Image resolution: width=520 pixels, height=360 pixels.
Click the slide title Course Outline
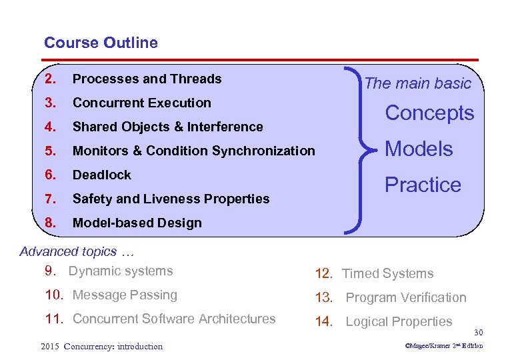pyautogui.click(x=101, y=43)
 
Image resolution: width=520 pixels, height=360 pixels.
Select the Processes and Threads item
pyautogui.click(x=147, y=79)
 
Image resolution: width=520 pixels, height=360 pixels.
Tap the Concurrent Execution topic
pyautogui.click(x=141, y=103)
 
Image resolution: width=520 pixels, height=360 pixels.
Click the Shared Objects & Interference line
pyautogui.click(x=167, y=127)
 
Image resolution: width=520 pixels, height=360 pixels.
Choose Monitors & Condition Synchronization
pyautogui.click(x=193, y=151)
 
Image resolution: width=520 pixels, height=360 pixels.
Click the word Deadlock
pyautogui.click(x=101, y=175)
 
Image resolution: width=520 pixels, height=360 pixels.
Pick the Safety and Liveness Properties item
pyautogui.click(x=171, y=199)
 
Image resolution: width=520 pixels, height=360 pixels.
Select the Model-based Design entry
pyautogui.click(x=137, y=223)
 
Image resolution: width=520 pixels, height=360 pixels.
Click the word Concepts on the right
pyautogui.click(x=430, y=113)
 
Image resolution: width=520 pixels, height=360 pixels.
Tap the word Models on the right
pyautogui.click(x=419, y=149)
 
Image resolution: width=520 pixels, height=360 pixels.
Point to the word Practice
pyautogui.click(x=423, y=185)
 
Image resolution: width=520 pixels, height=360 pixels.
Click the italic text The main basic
pyautogui.click(x=417, y=83)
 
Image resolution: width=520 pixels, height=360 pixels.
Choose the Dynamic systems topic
pyautogui.click(x=120, y=271)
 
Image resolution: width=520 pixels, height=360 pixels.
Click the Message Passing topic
pyautogui.click(x=125, y=295)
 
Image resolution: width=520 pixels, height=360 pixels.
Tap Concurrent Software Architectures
pyautogui.click(x=173, y=319)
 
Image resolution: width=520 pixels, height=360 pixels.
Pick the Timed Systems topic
pyautogui.click(x=387, y=273)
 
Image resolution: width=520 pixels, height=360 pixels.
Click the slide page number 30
pyautogui.click(x=477, y=332)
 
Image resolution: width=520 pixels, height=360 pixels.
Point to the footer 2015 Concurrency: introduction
pyautogui.click(x=101, y=346)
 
